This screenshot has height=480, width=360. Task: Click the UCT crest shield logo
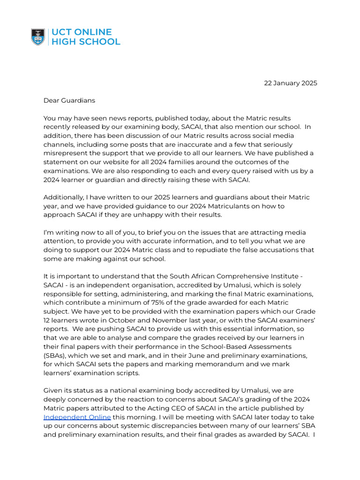point(38,37)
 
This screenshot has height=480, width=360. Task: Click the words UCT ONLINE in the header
point(81,32)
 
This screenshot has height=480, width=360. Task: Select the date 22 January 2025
point(290,83)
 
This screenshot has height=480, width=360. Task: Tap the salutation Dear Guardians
point(69,100)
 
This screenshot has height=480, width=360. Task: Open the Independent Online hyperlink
point(77,417)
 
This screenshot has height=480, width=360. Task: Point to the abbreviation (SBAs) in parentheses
point(55,355)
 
